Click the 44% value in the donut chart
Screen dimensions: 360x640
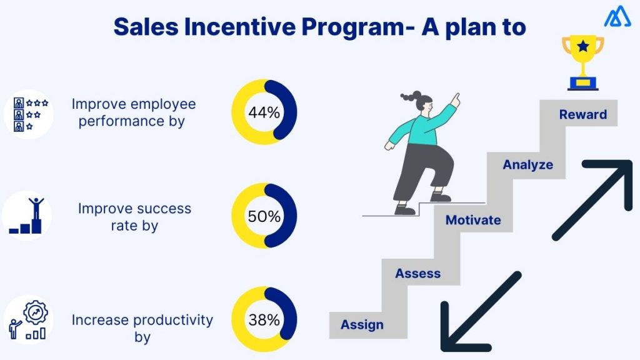coord(264,113)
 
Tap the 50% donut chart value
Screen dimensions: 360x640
coord(264,217)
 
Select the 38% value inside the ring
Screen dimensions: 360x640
coord(264,320)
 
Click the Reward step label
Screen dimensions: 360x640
coord(582,114)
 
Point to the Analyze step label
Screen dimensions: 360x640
coord(528,165)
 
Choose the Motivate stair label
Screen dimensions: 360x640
coord(472,220)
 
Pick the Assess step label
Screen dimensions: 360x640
coord(417,273)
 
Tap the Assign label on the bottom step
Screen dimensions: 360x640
coord(362,325)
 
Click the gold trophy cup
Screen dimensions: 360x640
coord(582,53)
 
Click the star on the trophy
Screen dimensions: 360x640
coord(582,46)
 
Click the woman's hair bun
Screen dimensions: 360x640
coord(408,97)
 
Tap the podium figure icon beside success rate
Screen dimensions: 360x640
coord(28,216)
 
